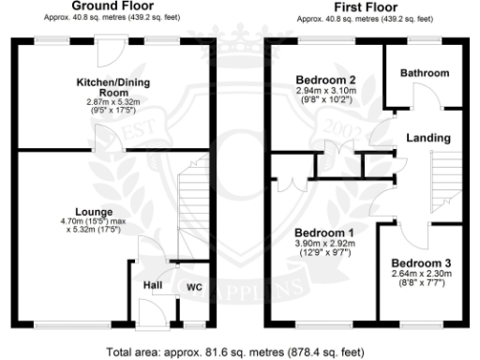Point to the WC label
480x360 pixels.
tap(194, 286)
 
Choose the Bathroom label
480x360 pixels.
tap(424, 73)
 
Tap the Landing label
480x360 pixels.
tap(427, 138)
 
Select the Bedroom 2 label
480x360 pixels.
tap(325, 79)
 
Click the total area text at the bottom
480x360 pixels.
tap(234, 352)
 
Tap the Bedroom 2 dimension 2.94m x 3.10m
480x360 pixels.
tap(325, 90)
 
